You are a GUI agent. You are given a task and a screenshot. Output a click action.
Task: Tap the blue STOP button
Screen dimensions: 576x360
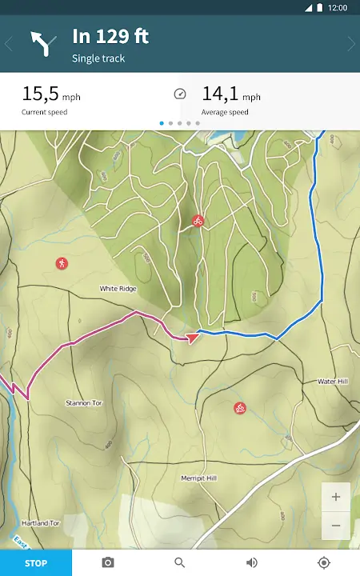pyautogui.click(x=36, y=563)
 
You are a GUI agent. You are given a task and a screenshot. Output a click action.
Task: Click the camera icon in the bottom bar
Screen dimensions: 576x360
pyautogui.click(x=108, y=562)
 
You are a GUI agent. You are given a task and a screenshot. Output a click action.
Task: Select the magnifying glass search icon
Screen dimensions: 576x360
pyautogui.click(x=180, y=562)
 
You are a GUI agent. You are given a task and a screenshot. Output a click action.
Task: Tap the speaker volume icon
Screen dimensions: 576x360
pyautogui.click(x=252, y=562)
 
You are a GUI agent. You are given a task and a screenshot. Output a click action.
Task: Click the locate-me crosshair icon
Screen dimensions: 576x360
pyautogui.click(x=324, y=562)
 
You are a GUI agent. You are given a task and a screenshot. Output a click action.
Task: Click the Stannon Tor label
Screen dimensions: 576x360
pyautogui.click(x=84, y=403)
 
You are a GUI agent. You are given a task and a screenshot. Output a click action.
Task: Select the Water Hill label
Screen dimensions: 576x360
pyautogui.click(x=332, y=382)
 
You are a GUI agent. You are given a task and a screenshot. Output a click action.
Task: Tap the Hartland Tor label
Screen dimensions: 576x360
pyautogui.click(x=42, y=522)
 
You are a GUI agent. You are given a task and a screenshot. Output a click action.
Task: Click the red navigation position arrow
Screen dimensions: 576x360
pyautogui.click(x=192, y=338)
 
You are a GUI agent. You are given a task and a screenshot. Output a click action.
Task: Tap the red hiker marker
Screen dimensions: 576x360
pyautogui.click(x=62, y=263)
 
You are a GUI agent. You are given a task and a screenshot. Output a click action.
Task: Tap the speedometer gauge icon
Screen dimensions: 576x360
pyautogui.click(x=180, y=94)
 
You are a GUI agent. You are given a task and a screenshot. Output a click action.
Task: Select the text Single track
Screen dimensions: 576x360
pyautogui.click(x=98, y=58)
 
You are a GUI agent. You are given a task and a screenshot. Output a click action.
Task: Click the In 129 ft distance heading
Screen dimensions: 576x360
pyautogui.click(x=110, y=36)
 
